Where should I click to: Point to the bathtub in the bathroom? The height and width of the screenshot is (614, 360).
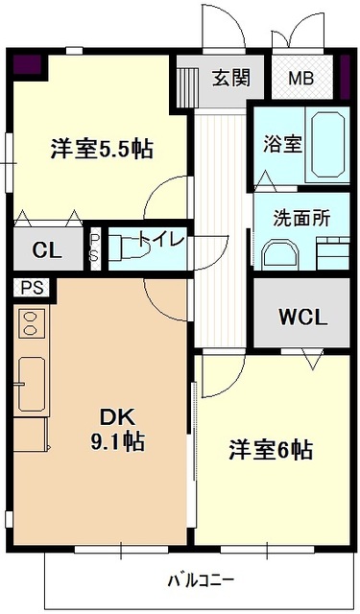click(327, 145)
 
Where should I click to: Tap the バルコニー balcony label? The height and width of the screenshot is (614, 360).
click(201, 579)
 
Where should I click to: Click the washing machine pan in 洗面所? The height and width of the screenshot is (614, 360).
click(330, 254)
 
